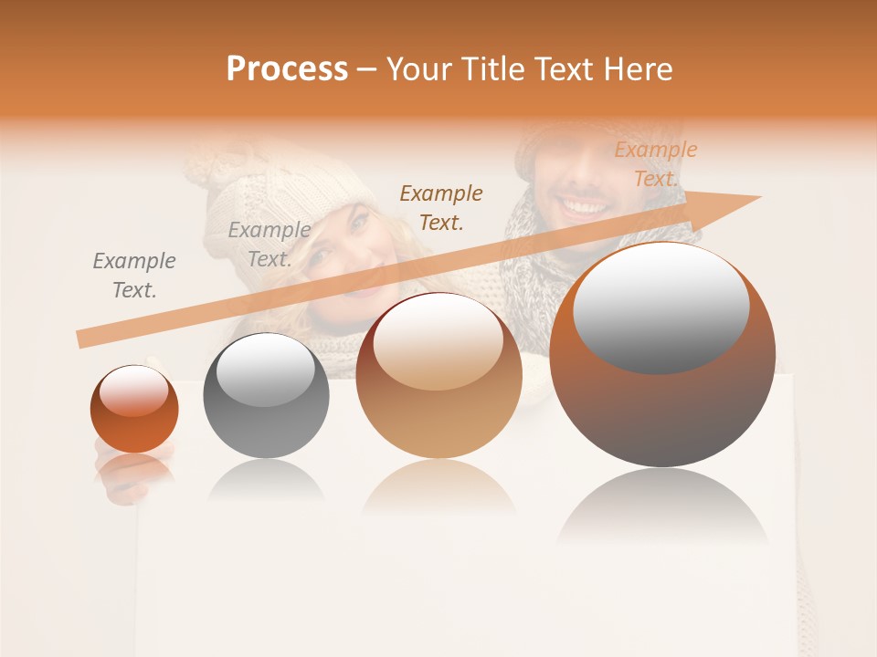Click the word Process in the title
[x=287, y=69]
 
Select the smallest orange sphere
[x=134, y=409]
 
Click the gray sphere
[x=266, y=395]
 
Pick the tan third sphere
[x=438, y=375]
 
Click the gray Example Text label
[x=133, y=276]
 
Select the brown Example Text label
[x=441, y=207]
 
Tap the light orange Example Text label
[x=655, y=164]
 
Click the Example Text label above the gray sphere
[x=269, y=245]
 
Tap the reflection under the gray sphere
[x=266, y=479]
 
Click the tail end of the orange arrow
[x=81, y=339]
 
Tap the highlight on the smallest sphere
[x=133, y=391]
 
